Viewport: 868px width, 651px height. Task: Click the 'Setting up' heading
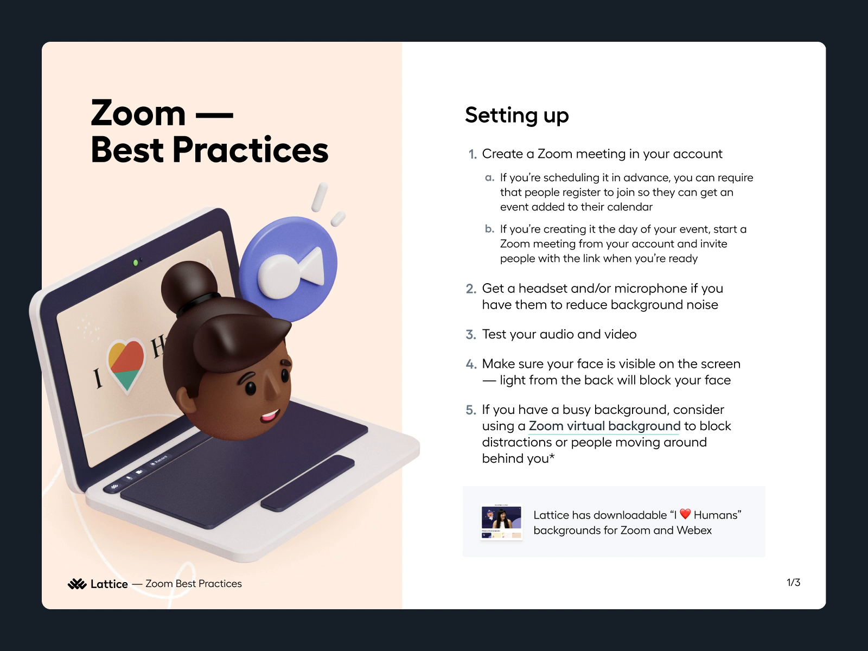pyautogui.click(x=517, y=116)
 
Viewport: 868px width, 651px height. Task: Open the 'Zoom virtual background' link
pyautogui.click(x=604, y=426)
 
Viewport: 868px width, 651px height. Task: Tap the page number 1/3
pyautogui.click(x=793, y=582)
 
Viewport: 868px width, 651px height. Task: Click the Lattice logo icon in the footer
pyautogui.click(x=77, y=584)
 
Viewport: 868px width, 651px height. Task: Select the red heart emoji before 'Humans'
pyautogui.click(x=685, y=514)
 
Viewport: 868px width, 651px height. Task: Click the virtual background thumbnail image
pyautogui.click(x=501, y=522)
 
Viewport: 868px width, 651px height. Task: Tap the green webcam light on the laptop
pyautogui.click(x=135, y=263)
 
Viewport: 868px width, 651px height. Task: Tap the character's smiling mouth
pyautogui.click(x=270, y=416)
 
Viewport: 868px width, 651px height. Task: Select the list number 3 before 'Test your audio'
pyautogui.click(x=470, y=335)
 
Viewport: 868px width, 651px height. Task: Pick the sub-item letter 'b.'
pyautogui.click(x=489, y=229)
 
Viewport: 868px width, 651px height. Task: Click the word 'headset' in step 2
pyautogui.click(x=542, y=289)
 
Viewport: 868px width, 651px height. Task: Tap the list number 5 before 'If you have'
pyautogui.click(x=470, y=410)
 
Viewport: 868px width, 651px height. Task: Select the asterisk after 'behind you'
pyautogui.click(x=552, y=457)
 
